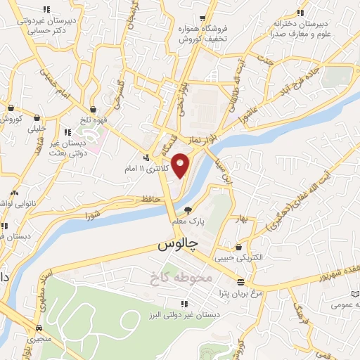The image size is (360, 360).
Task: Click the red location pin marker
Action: [181, 165]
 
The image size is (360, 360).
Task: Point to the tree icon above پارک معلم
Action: [188, 210]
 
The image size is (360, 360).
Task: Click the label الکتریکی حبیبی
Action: [259, 258]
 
